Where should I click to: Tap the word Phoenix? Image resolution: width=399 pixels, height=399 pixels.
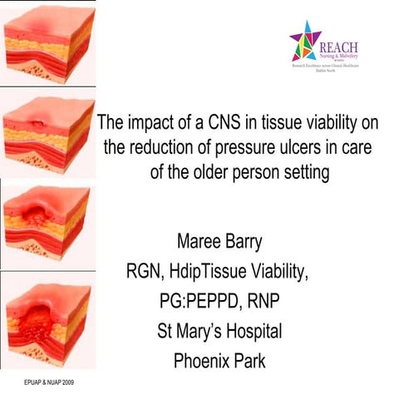click(x=204, y=361)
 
